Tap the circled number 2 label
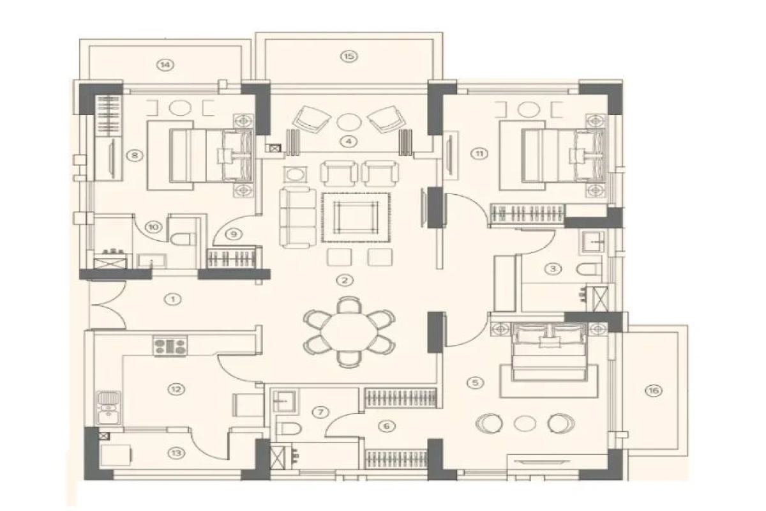(345, 280)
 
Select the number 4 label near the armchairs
(348, 142)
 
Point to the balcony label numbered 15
(348, 56)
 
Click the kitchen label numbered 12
(174, 388)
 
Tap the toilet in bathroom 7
(285, 429)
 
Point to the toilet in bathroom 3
(588, 270)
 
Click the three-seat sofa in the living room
(297, 217)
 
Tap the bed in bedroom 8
(201, 155)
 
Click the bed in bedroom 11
(553, 155)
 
